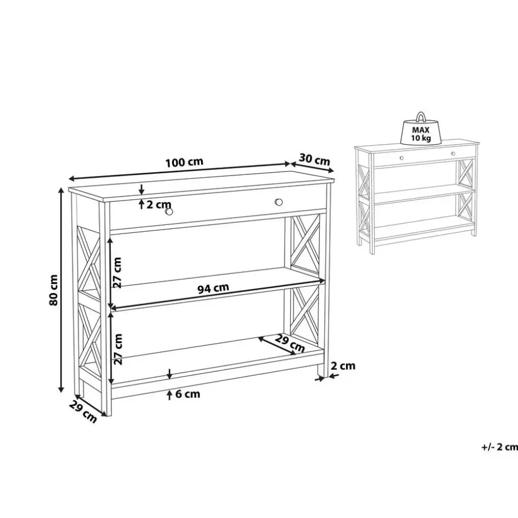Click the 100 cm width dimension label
(x=184, y=163)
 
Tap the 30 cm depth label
(x=314, y=159)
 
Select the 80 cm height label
(x=53, y=290)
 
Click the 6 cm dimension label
(x=188, y=394)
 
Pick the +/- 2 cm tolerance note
(x=499, y=447)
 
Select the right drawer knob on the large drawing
(x=278, y=202)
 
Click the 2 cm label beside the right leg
(x=343, y=366)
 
